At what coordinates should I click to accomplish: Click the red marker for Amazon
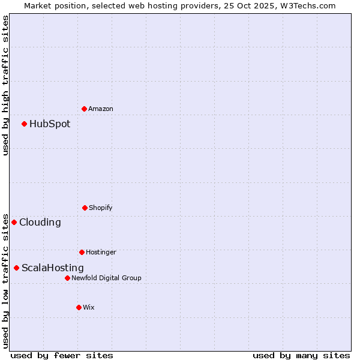click(x=84, y=109)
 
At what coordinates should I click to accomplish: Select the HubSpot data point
click(x=24, y=124)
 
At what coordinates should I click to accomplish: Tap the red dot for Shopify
click(x=85, y=208)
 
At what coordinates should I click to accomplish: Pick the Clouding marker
click(x=14, y=222)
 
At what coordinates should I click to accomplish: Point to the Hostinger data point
click(x=82, y=252)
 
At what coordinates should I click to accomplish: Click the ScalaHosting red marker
click(x=16, y=268)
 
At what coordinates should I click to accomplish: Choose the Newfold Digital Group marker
click(x=67, y=278)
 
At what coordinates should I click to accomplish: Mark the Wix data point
click(x=79, y=307)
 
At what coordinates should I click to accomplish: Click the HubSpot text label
click(x=50, y=124)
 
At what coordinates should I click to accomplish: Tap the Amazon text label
click(x=101, y=109)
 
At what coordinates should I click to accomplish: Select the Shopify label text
click(x=101, y=208)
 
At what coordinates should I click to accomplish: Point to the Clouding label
click(x=40, y=223)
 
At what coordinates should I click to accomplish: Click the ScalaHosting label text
click(x=53, y=268)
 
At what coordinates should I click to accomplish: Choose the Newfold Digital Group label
click(x=106, y=278)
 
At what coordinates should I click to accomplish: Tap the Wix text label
click(x=89, y=308)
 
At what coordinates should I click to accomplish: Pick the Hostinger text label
click(x=101, y=253)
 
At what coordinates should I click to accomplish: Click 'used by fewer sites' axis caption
click(x=62, y=356)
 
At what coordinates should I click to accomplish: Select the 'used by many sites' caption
click(x=301, y=356)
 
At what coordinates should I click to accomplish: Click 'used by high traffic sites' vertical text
click(x=5, y=85)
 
